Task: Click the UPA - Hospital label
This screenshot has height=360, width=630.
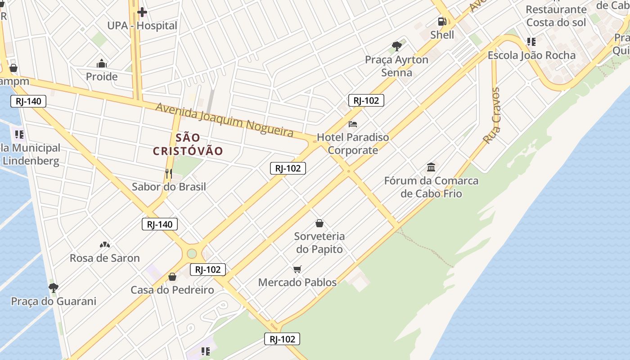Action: point(142,26)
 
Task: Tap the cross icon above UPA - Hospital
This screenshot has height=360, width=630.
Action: point(142,12)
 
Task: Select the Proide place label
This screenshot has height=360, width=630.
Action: point(102,76)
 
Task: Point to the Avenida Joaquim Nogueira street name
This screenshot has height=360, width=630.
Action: point(225,119)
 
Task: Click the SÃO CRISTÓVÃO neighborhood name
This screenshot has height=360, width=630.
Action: point(188,144)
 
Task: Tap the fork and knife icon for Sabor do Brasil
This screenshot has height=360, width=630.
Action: point(169,173)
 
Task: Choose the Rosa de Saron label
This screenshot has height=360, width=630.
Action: point(105,258)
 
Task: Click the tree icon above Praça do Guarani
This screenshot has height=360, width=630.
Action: point(54,287)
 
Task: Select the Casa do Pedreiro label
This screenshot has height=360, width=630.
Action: point(172,290)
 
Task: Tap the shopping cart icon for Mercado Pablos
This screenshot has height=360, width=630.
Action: point(297,269)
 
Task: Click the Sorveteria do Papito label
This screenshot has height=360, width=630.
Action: point(319,243)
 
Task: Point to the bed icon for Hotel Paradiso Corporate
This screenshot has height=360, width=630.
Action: point(353,124)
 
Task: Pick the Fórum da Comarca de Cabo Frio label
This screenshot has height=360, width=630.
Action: point(431,187)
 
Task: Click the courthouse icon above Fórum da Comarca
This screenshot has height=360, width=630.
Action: point(431,167)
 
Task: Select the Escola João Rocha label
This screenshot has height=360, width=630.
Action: point(531,55)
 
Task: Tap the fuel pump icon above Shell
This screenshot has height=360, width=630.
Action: point(442,21)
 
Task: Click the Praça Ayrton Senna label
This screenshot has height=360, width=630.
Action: point(396,66)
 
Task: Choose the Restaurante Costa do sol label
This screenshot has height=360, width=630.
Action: point(556,16)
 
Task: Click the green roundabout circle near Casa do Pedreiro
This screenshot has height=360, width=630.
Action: point(192,253)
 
